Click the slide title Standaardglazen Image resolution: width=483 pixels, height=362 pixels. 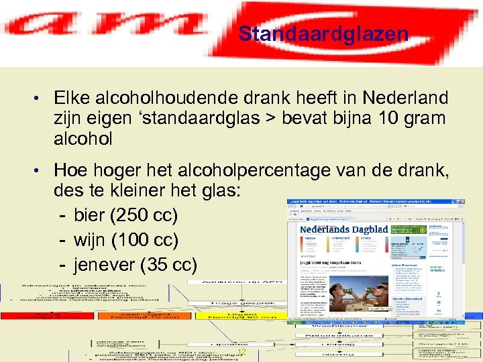coord(323,34)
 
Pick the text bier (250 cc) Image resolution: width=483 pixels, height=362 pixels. coord(125,216)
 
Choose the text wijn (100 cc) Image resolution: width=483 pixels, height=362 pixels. coord(125,240)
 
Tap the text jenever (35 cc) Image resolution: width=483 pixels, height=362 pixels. coord(136,264)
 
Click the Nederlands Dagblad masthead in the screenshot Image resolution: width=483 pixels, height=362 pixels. coord(343,229)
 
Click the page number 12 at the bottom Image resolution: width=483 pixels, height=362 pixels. coord(242,353)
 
